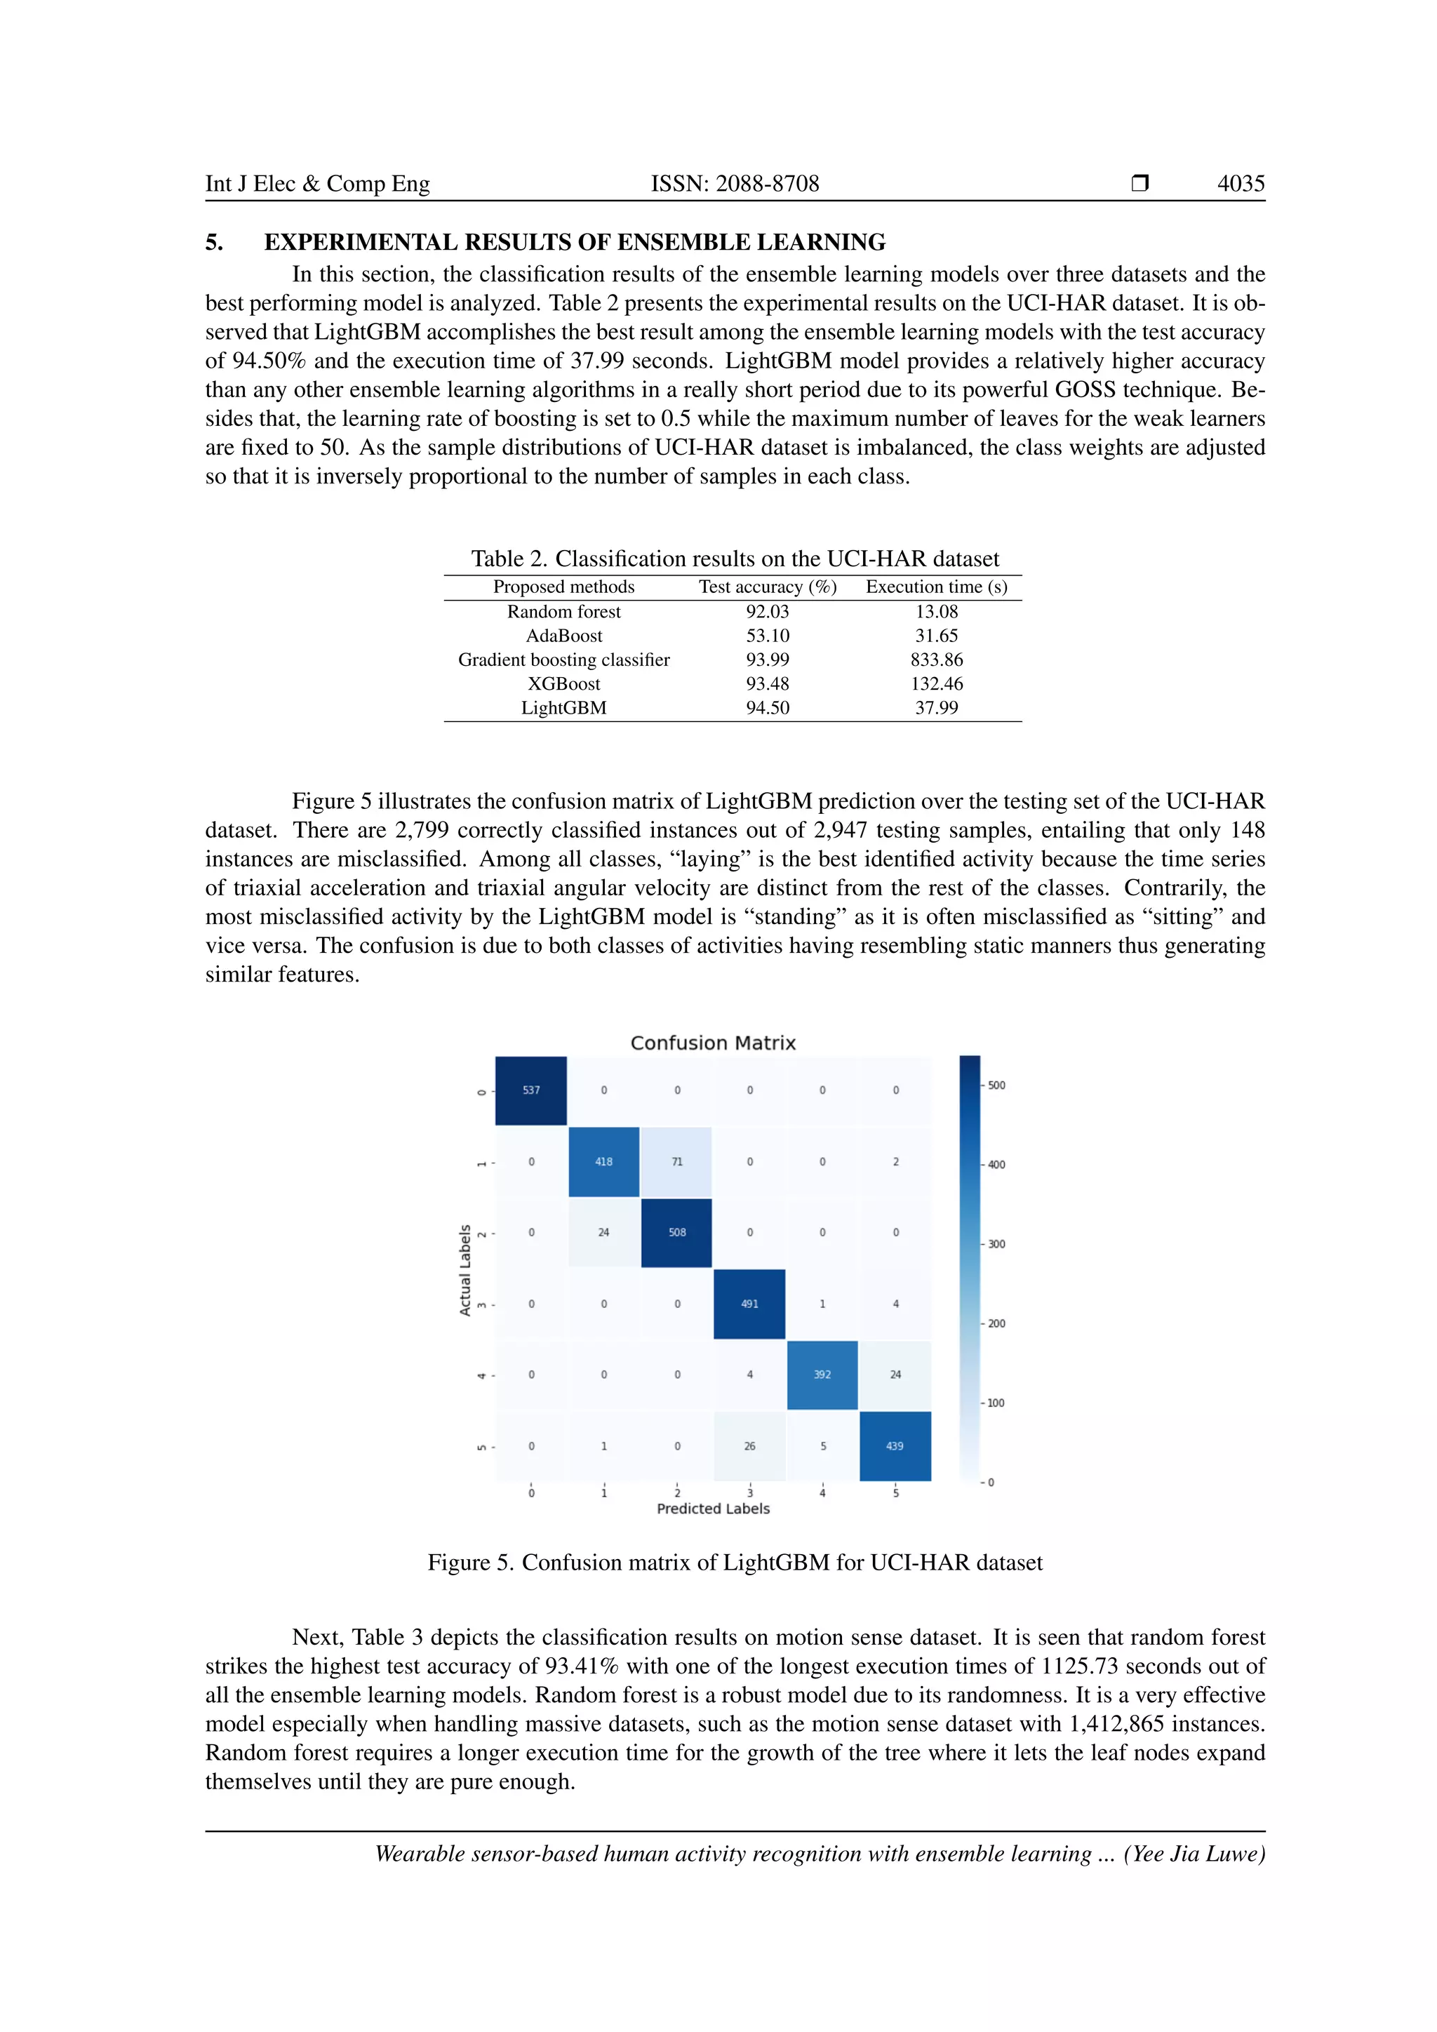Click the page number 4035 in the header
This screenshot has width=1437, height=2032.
pyautogui.click(x=1240, y=183)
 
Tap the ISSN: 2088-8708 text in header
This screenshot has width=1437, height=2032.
pyautogui.click(x=735, y=183)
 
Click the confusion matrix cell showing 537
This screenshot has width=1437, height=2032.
pyautogui.click(x=531, y=1090)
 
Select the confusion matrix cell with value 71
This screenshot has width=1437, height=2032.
pyautogui.click(x=677, y=1161)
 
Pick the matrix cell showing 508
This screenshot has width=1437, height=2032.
pyautogui.click(x=677, y=1232)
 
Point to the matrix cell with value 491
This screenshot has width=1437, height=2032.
pyautogui.click(x=749, y=1304)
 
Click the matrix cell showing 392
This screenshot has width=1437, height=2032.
pyautogui.click(x=822, y=1375)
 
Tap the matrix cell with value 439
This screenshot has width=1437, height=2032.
pyautogui.click(x=895, y=1446)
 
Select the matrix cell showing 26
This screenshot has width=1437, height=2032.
pyautogui.click(x=749, y=1446)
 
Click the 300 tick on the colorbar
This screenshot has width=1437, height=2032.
pyautogui.click(x=996, y=1244)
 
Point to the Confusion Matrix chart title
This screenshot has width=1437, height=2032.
pyautogui.click(x=713, y=1043)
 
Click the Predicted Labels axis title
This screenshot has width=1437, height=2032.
pyautogui.click(x=713, y=1509)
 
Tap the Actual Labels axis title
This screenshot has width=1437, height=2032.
pyautogui.click(x=465, y=1270)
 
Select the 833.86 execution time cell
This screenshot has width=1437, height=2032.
pyautogui.click(x=936, y=660)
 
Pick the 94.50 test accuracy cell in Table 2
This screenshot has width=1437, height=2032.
pyautogui.click(x=767, y=707)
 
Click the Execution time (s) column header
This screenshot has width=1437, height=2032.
pyautogui.click(x=936, y=587)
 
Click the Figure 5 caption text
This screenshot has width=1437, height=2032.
pyautogui.click(x=735, y=1563)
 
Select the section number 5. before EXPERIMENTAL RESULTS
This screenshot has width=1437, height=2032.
pyautogui.click(x=214, y=243)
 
